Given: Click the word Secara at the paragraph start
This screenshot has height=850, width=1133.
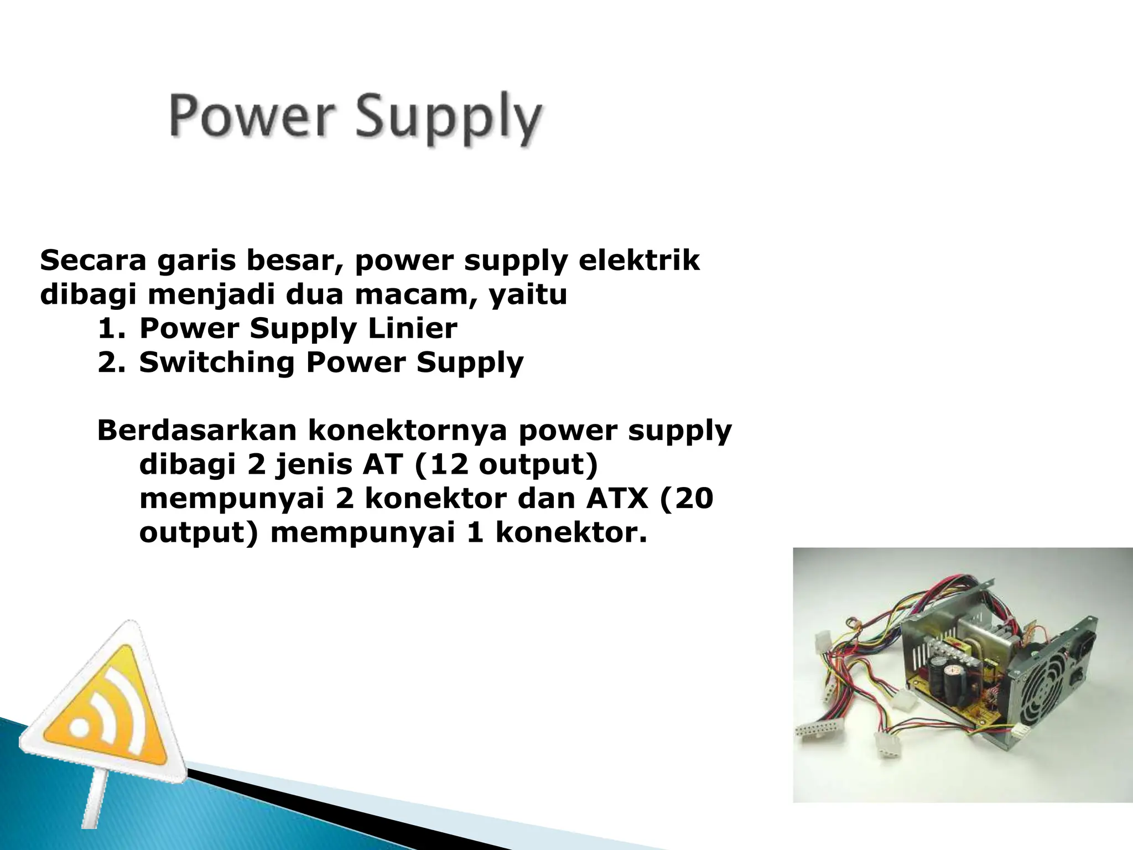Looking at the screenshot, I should [93, 260].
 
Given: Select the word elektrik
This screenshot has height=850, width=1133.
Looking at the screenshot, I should [639, 260].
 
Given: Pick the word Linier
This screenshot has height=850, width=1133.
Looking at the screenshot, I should [413, 329].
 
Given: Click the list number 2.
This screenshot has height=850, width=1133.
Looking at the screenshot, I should [110, 363].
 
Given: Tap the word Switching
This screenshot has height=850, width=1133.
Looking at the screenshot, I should [216, 363].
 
